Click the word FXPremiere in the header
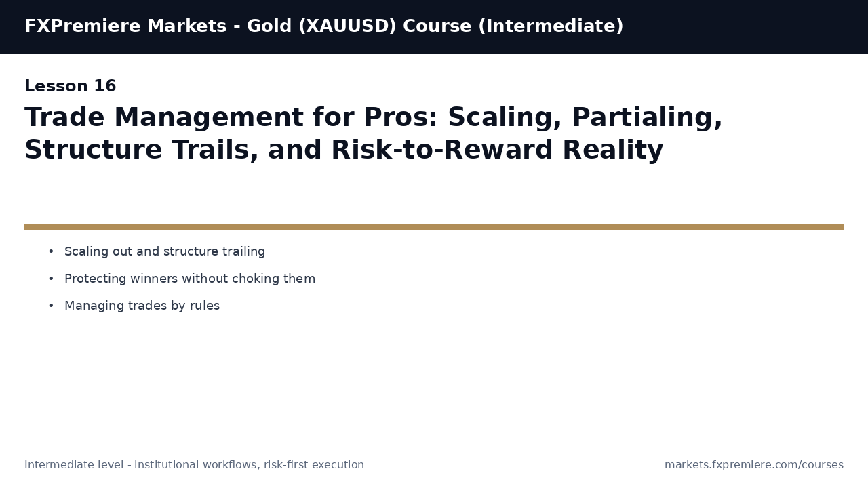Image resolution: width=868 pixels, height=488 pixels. click(83, 26)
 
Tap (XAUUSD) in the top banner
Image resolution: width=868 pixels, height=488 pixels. click(348, 26)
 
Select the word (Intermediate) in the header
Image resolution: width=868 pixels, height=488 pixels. click(551, 26)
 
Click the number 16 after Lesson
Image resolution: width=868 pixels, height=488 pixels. click(104, 86)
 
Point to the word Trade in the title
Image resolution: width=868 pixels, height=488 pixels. click(64, 117)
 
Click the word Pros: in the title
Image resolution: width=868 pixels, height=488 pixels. click(401, 117)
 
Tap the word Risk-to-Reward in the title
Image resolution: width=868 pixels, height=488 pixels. click(441, 150)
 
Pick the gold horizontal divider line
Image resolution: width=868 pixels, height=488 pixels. click(434, 226)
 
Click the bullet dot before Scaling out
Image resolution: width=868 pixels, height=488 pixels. click(51, 251)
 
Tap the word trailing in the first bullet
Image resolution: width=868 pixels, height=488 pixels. click(243, 251)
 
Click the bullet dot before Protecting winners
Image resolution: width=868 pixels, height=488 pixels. click(51, 279)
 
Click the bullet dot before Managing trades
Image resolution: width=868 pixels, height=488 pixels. click(51, 306)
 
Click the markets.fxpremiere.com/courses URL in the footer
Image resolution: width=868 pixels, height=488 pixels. click(754, 465)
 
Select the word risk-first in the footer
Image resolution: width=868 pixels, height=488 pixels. click(286, 465)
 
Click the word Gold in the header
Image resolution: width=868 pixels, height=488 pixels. click(269, 26)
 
